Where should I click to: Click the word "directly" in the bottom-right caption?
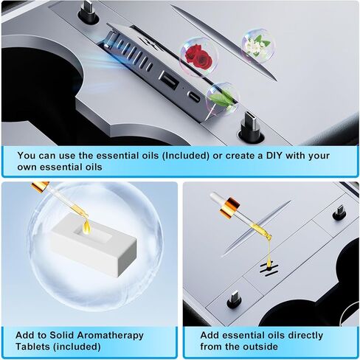tap(306, 333)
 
